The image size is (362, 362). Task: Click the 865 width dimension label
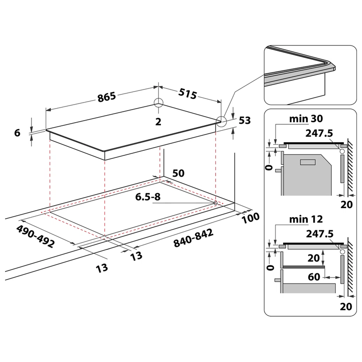(x=107, y=97)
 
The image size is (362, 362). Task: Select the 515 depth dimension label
(x=188, y=94)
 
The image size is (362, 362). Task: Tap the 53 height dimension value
(x=244, y=121)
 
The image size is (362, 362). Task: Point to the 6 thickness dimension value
(x=17, y=133)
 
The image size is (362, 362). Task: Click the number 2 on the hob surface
(x=158, y=122)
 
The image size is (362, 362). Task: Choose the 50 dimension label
(x=178, y=173)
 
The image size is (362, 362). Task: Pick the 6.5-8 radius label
(x=148, y=197)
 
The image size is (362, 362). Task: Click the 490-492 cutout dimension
(x=36, y=236)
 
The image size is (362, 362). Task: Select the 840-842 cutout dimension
(x=193, y=238)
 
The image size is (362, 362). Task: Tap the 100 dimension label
(x=250, y=218)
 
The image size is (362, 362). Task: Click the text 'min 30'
(x=306, y=119)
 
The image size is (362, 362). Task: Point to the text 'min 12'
(x=306, y=219)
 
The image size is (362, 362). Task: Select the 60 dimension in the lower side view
(x=314, y=277)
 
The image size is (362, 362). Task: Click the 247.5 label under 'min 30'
(x=319, y=133)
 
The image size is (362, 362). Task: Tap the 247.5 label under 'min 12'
(x=320, y=234)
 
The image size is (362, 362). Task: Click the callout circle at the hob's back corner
(x=158, y=103)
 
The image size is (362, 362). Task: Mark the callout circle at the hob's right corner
(x=221, y=121)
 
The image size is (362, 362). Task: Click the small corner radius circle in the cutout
(x=215, y=203)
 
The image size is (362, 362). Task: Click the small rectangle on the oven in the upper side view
(x=308, y=162)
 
